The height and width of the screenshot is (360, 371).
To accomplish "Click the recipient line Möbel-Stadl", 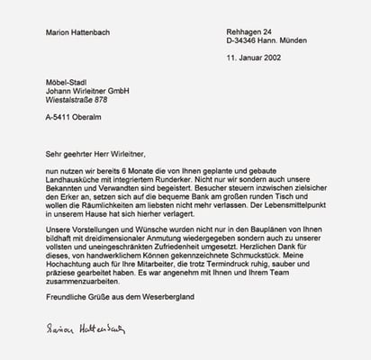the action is (67, 82).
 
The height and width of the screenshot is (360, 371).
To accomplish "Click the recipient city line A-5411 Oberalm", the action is (74, 117).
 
